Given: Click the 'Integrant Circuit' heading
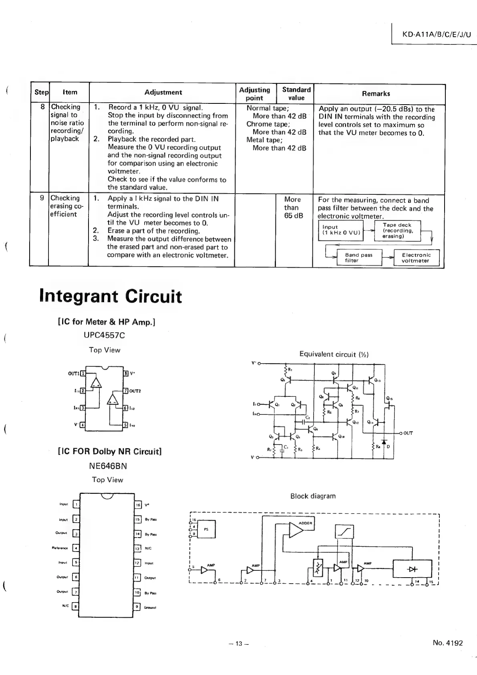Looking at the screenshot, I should pyautogui.click(x=111, y=296).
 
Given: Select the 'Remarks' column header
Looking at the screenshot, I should pyautogui.click(x=376, y=94).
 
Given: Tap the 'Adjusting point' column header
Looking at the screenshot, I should pyautogui.click(x=255, y=94).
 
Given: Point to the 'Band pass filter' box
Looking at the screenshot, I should pyautogui.click(x=358, y=258).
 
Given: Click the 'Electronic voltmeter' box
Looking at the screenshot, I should pyautogui.click(x=416, y=258).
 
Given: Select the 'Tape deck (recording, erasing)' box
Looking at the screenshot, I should pyautogui.click(x=397, y=230).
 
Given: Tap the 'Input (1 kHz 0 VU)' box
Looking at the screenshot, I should pyautogui.click(x=341, y=230).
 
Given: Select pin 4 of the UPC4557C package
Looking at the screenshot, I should pyautogui.click(x=83, y=424).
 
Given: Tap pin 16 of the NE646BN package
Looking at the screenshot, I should pyautogui.click(x=138, y=505).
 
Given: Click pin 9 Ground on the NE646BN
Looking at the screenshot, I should pyautogui.click(x=138, y=607).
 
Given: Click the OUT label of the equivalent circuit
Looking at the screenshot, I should pyautogui.click(x=408, y=433).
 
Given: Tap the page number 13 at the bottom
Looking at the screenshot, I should pyautogui.click(x=239, y=644).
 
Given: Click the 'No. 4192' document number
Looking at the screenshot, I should pyautogui.click(x=447, y=643).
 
